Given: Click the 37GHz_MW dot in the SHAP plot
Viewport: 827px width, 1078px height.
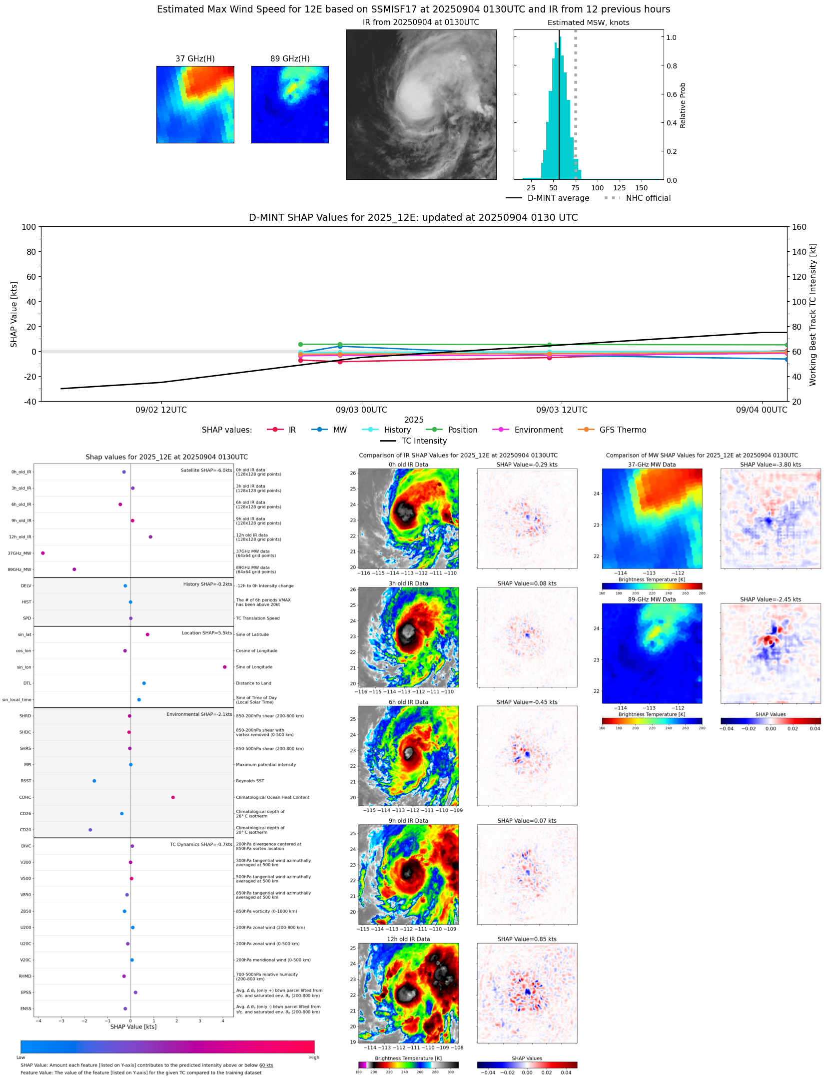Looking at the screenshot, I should (43, 553).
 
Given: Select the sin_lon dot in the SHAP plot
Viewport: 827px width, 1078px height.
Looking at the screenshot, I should (224, 667).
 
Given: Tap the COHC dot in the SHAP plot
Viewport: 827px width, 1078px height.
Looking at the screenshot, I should (173, 797).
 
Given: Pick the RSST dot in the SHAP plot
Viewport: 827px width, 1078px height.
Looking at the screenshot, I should (94, 781).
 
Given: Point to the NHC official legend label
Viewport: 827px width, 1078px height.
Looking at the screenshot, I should (648, 198).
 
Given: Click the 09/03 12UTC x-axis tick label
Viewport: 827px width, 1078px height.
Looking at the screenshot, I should (562, 410).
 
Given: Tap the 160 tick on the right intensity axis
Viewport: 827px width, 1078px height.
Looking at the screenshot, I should (799, 227).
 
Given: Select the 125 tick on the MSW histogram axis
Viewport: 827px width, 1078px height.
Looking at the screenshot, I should (619, 188).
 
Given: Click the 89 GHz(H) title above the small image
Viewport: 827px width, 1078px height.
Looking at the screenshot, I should (290, 58).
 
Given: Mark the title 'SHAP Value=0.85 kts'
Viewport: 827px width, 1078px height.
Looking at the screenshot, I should (527, 939).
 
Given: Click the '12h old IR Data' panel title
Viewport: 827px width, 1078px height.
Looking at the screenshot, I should (408, 939).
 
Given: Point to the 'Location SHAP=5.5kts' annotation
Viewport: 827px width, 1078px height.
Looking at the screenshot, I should (206, 633).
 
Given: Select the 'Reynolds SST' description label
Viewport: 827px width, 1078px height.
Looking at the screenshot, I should (250, 781).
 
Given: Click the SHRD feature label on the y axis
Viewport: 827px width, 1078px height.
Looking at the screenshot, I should (25, 716).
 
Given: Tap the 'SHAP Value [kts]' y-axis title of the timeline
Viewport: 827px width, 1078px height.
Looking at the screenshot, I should (14, 314).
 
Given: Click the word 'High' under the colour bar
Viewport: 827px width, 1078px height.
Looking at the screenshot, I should (314, 1058).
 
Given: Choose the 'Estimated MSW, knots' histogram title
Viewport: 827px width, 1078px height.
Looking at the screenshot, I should (588, 22).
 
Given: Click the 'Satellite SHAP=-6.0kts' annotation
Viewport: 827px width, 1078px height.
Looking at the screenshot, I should (206, 470).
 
